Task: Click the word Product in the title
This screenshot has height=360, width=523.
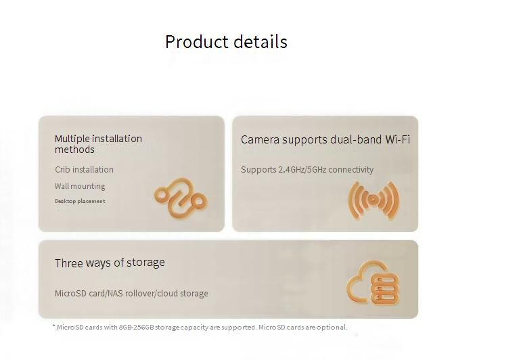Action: [x=196, y=42]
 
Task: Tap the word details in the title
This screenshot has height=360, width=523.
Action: [x=260, y=42]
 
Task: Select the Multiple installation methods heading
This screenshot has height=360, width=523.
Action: [x=98, y=144]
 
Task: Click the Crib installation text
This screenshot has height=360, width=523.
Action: [x=84, y=169]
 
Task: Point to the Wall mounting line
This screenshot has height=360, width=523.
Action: [x=80, y=186]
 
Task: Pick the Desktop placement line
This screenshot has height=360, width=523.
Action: [x=80, y=201]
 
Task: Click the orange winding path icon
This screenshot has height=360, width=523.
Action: [x=181, y=198]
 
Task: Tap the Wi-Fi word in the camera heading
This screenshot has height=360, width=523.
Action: [x=398, y=139]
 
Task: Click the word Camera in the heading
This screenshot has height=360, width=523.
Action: [x=260, y=140]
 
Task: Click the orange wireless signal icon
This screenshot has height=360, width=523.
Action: [x=373, y=200]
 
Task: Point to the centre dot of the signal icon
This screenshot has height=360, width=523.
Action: [x=373, y=200]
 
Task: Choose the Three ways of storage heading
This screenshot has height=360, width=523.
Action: [x=110, y=263]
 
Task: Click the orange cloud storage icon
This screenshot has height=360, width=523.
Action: [x=373, y=283]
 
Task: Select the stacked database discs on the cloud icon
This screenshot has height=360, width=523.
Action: [x=384, y=289]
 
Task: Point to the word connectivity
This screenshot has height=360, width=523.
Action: [x=351, y=169]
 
